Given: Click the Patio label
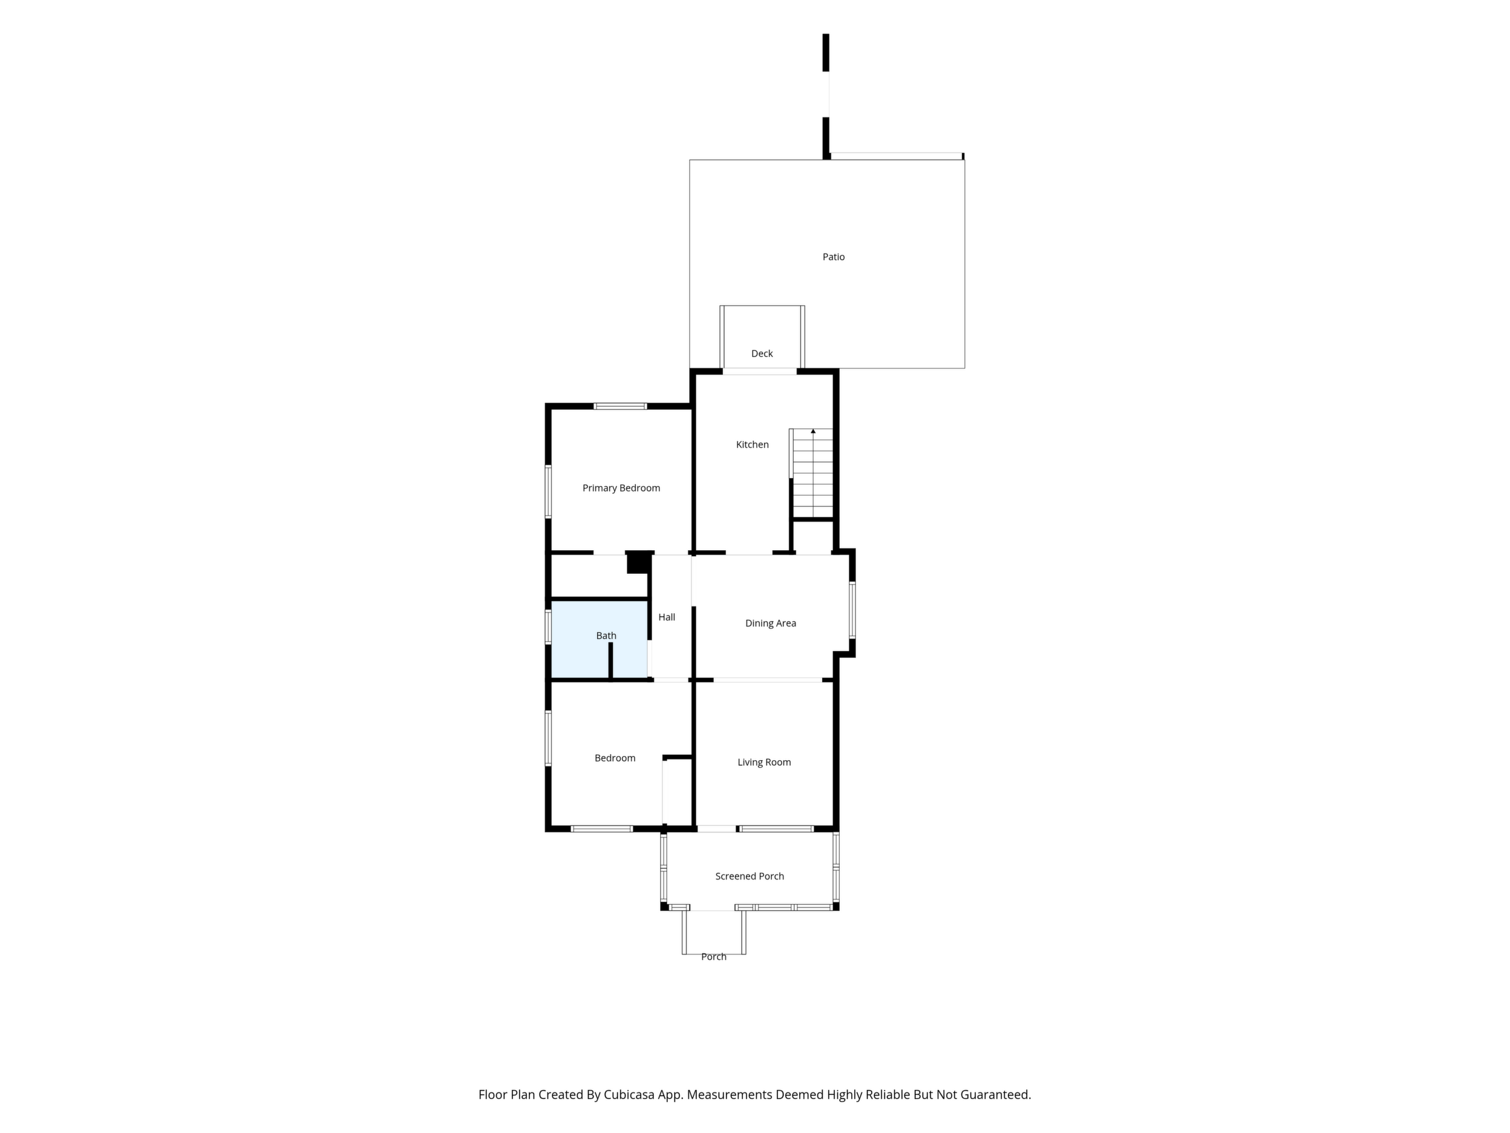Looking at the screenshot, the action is click(833, 257).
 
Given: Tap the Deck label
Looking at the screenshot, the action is click(762, 353).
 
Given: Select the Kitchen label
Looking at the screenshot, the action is click(752, 445).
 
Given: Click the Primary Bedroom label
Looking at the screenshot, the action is click(621, 488).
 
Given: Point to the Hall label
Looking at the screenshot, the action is click(667, 617).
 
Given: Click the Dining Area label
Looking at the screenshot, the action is click(771, 623).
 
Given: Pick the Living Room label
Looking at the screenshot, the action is click(764, 762).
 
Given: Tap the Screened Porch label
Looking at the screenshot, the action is click(750, 876).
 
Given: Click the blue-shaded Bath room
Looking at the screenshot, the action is click(600, 639).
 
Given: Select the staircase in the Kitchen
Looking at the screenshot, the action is click(812, 473).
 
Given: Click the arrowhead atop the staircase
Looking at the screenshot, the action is click(813, 431).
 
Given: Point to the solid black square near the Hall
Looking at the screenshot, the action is click(639, 562).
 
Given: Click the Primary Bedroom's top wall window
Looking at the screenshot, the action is click(620, 406).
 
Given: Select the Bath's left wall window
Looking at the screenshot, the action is click(548, 627).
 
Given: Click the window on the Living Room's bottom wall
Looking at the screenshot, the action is click(777, 829).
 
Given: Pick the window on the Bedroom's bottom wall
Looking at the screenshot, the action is click(601, 829).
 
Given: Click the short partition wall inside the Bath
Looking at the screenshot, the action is click(611, 660).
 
